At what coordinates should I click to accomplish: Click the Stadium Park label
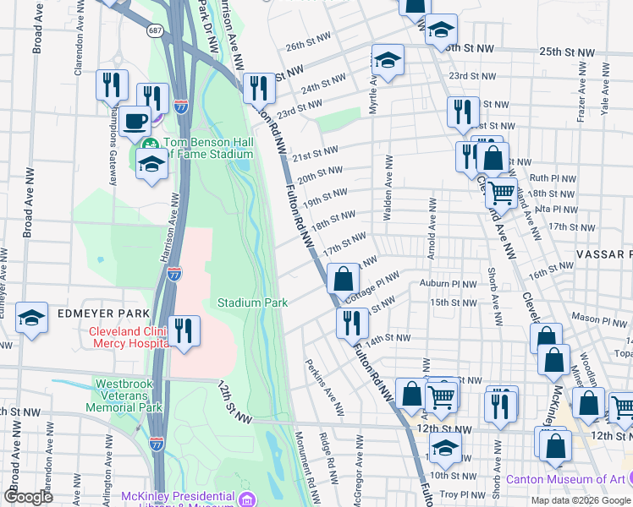252,303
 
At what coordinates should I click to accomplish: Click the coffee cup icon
135,121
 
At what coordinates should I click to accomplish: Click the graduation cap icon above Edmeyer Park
31,318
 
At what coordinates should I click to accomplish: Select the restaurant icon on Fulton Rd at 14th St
351,322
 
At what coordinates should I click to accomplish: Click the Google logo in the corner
29,497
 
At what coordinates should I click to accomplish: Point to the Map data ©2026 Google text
581,500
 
